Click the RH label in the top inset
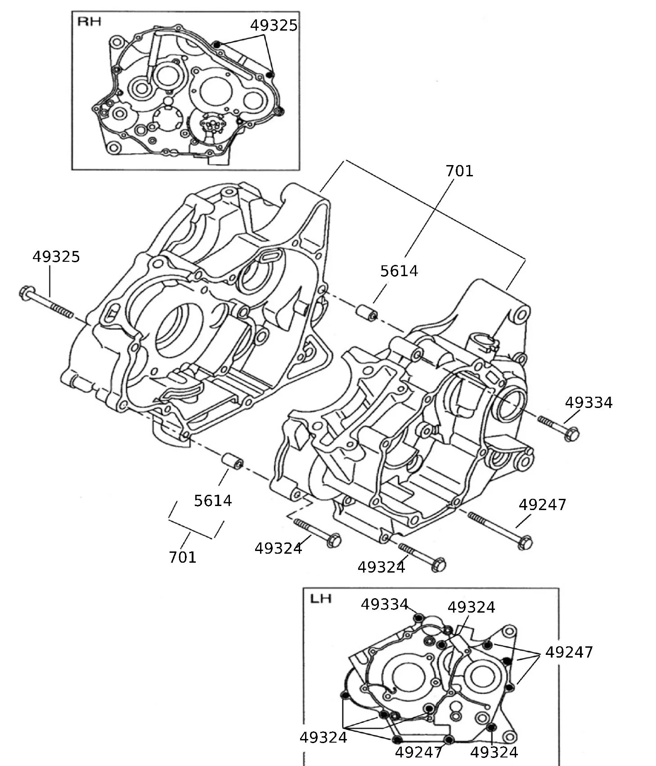[x=89, y=21]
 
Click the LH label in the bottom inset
[x=321, y=599]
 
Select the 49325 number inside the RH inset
[x=274, y=26]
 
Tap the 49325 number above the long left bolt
[x=56, y=257]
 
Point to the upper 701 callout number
[x=459, y=171]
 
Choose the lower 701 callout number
[x=183, y=557]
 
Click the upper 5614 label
[x=399, y=271]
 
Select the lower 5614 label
[x=213, y=501]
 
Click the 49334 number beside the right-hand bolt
[x=589, y=403]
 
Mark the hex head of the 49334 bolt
[x=571, y=434]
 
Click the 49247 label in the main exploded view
[x=542, y=505]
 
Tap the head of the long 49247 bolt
[x=525, y=542]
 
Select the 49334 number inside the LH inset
[x=384, y=605]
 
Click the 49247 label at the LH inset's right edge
[x=569, y=652]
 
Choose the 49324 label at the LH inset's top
[x=471, y=608]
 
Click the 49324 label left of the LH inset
[x=323, y=738]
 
